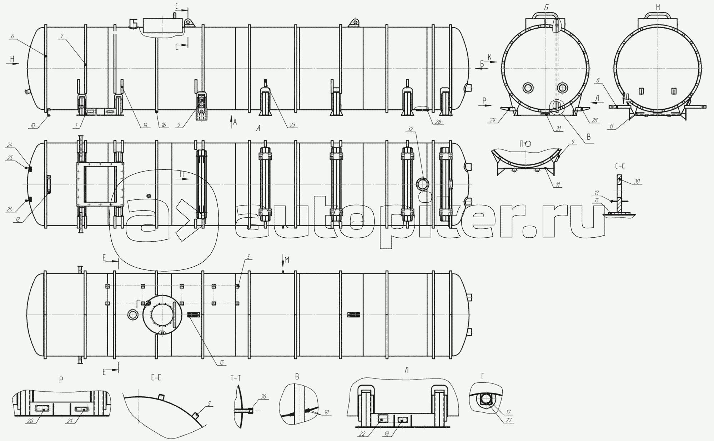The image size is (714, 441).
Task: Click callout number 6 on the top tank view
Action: coord(12,36)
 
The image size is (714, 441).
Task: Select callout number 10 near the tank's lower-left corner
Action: coord(33,125)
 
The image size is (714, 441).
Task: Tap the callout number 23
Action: coord(292,125)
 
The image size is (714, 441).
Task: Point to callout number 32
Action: coord(411,129)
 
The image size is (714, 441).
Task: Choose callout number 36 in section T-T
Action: coord(263,396)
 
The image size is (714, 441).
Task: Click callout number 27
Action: coord(509,420)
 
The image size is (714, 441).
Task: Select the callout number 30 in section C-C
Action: coord(637,181)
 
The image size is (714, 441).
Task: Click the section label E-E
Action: coord(156,377)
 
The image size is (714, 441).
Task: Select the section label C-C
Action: coord(619,166)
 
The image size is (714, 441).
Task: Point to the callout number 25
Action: coord(9,158)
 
